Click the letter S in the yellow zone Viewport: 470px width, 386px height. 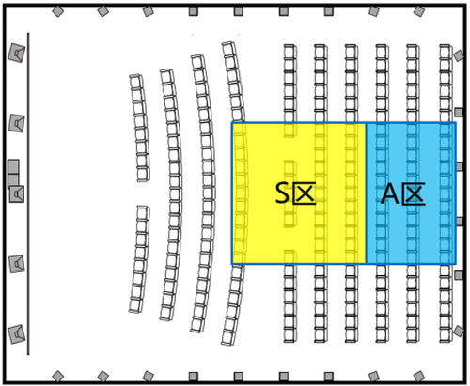pos(282,193)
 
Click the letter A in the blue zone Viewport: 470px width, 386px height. pos(390,193)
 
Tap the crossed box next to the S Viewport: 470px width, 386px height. pos(305,193)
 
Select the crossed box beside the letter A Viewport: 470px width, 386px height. pos(414,193)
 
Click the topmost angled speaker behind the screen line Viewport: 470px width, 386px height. pos(17,53)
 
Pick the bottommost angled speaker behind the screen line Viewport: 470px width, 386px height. pos(17,334)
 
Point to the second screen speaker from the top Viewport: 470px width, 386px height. pos(17,123)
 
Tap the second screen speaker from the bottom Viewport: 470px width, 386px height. pos(17,264)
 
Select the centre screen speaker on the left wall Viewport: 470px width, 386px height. pos(17,193)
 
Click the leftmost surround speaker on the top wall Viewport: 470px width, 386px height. pos(58,11)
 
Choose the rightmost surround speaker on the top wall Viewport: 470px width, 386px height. pos(419,11)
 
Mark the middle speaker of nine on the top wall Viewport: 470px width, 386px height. pos(239,11)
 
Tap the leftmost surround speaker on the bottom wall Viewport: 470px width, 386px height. pos(58,376)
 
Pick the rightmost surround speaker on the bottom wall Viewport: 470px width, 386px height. pos(419,376)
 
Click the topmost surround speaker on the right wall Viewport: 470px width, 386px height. pos(459,55)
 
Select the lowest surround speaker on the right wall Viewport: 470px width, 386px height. pos(459,331)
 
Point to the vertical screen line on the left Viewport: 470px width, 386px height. pos(28,193)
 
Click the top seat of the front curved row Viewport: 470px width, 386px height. pos(136,82)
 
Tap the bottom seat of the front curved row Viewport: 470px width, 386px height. pos(135,305)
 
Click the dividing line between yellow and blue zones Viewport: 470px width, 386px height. pos(366,193)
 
